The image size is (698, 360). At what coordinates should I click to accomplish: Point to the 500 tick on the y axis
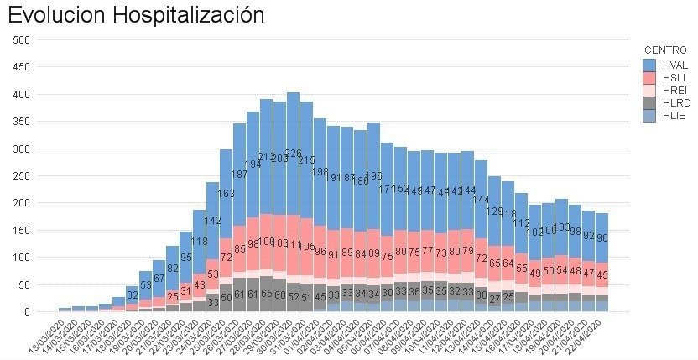point(23,39)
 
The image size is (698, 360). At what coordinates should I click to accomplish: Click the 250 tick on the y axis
point(23,175)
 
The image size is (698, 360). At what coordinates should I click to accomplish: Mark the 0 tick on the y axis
point(28,312)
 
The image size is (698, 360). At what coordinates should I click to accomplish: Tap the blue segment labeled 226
point(294,154)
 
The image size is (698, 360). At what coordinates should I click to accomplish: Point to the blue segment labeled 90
point(602,238)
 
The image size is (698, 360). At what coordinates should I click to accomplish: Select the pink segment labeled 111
point(294,245)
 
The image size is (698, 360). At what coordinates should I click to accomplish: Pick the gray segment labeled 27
point(495,298)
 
